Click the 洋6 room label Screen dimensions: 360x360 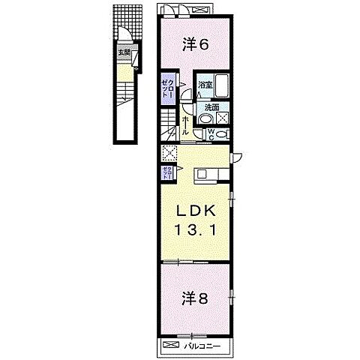click(x=194, y=44)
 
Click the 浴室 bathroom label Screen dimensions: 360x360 click(x=205, y=85)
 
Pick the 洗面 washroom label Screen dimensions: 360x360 click(x=211, y=108)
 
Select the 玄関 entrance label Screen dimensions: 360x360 click(x=124, y=52)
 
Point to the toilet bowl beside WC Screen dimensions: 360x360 click(x=223, y=134)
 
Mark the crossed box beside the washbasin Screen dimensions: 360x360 click(x=223, y=118)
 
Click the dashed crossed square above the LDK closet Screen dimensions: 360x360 click(x=169, y=154)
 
